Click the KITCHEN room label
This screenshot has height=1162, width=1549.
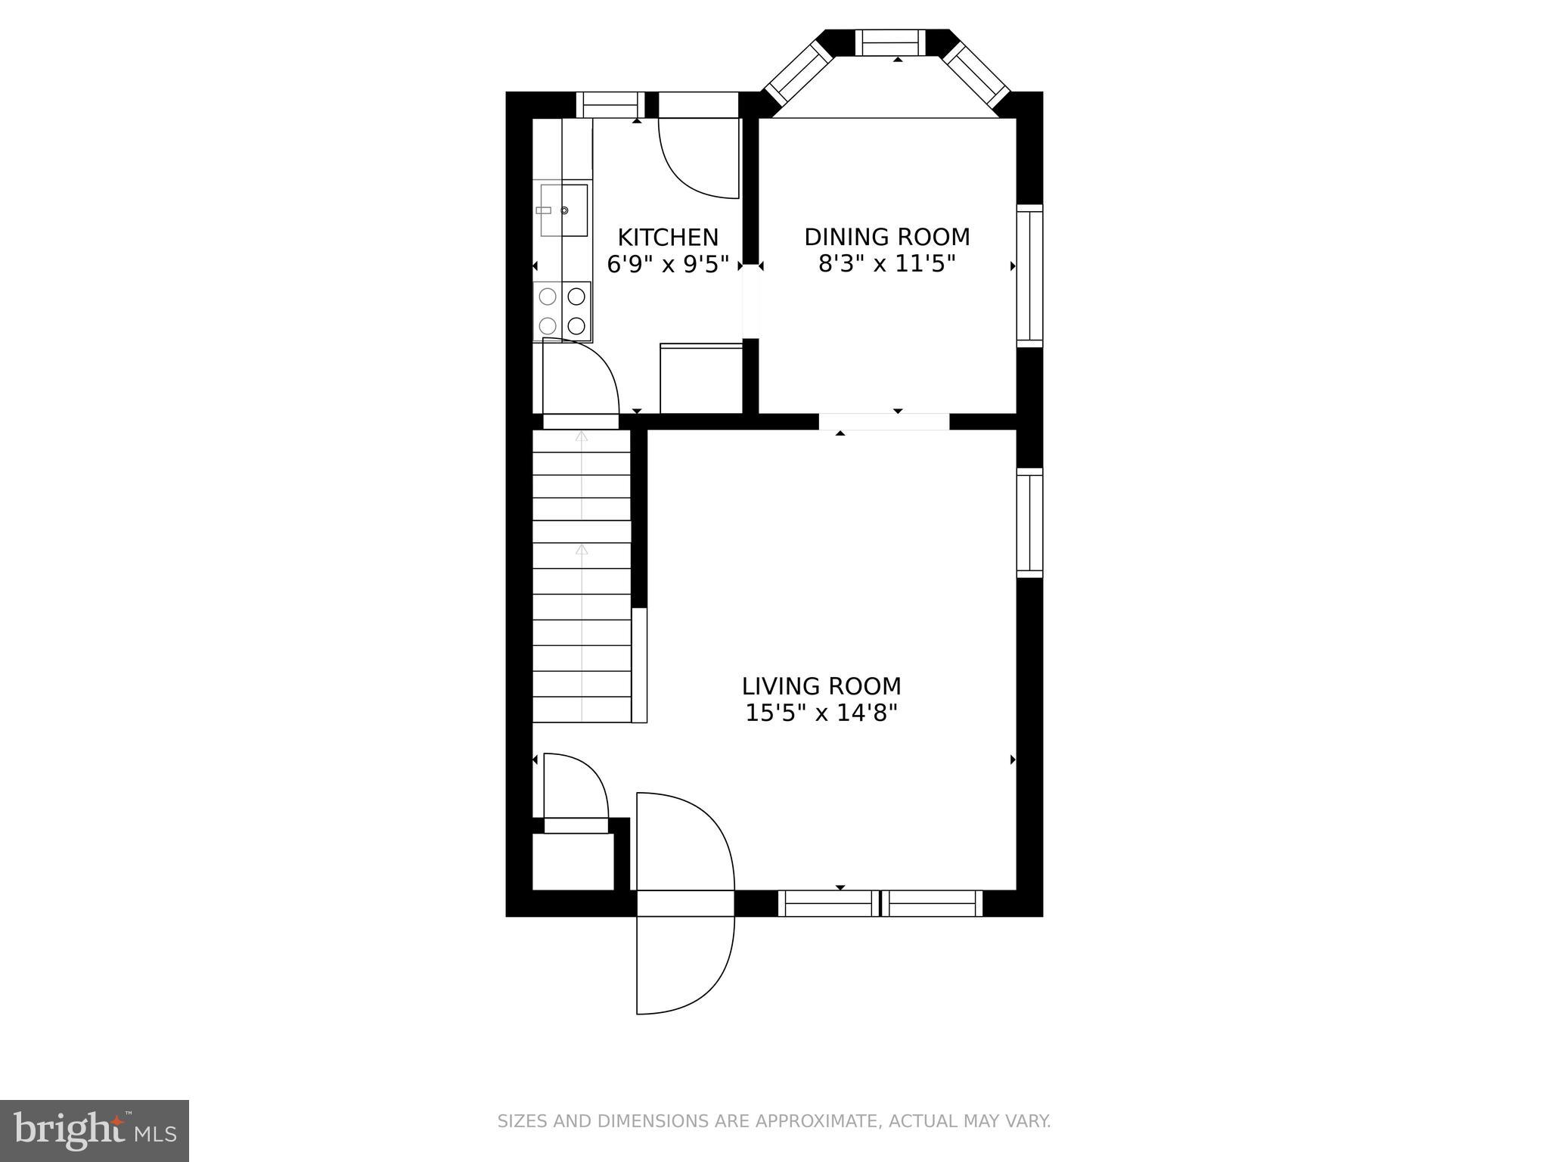pos(668,238)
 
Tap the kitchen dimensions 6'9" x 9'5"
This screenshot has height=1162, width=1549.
pos(668,265)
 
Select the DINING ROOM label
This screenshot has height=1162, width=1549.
pos(886,238)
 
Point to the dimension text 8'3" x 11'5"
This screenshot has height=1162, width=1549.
pos(886,265)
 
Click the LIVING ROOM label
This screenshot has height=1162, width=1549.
pos(821,686)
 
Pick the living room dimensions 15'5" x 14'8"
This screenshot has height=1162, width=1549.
pos(821,713)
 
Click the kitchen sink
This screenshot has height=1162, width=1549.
pos(563,210)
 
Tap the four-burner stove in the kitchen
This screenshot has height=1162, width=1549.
pos(562,311)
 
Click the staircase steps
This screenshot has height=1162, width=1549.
pos(581,575)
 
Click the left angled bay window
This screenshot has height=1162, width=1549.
pos(797,73)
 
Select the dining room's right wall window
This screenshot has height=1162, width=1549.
pos(1029,275)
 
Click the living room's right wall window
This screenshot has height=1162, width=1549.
pos(1029,523)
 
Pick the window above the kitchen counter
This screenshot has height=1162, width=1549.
pos(610,104)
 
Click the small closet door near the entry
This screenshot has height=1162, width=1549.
pos(575,787)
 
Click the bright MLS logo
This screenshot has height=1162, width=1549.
pos(94,1130)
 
